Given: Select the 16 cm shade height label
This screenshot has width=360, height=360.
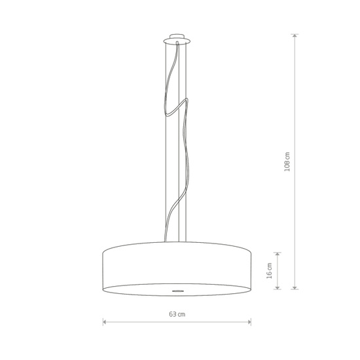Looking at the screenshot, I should click(270, 270).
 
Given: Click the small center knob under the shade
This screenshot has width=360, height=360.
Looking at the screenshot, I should click(177, 289).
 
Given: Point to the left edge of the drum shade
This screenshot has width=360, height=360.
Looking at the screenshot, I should click(103, 267).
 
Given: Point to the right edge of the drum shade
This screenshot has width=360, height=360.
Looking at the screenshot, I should click(251, 267).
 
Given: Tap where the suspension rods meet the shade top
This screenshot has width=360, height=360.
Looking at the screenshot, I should click(177, 243).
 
